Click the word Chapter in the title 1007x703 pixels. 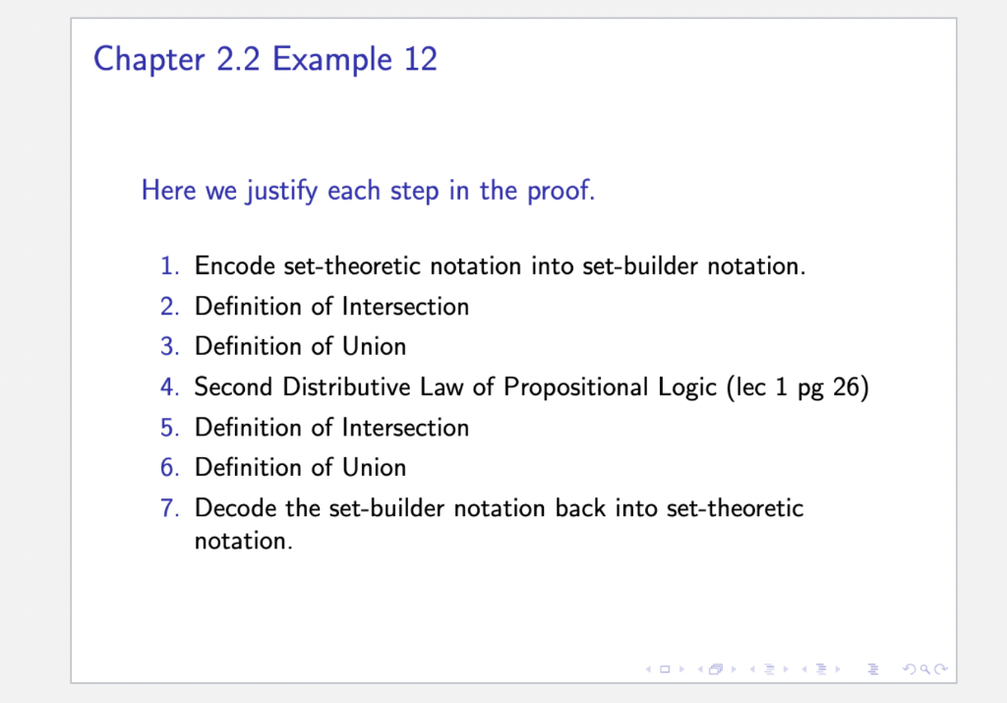point(149,60)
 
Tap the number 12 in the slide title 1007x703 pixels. point(421,59)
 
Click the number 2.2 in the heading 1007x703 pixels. point(238,59)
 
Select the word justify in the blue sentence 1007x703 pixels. point(282,192)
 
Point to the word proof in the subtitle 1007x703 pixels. point(559,192)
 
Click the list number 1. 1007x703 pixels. point(169,265)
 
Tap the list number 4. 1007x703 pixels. point(169,387)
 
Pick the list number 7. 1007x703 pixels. point(169,507)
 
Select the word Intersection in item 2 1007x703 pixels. point(405,306)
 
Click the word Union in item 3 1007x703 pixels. point(374,347)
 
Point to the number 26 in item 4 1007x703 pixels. point(846,387)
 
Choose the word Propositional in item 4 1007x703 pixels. point(610,387)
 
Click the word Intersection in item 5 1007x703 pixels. point(405,428)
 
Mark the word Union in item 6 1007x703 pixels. point(374,467)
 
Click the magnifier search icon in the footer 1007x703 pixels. point(924,670)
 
